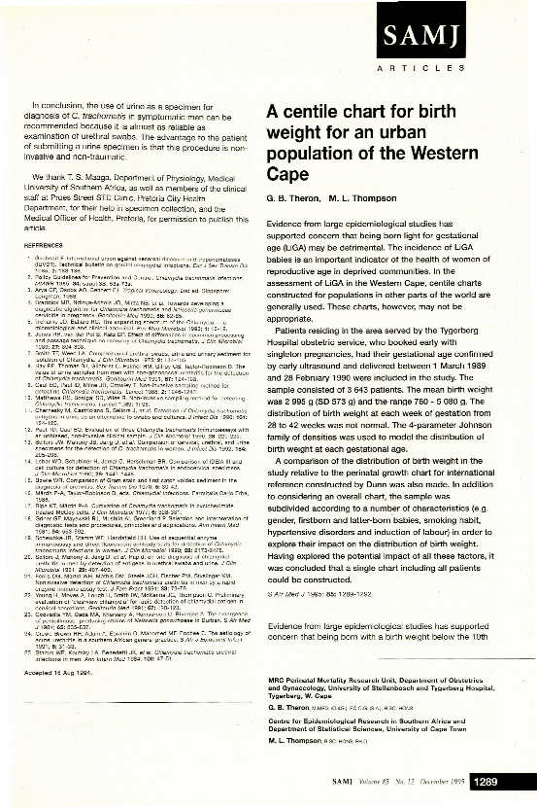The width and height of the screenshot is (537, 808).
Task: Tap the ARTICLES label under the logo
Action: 465,72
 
